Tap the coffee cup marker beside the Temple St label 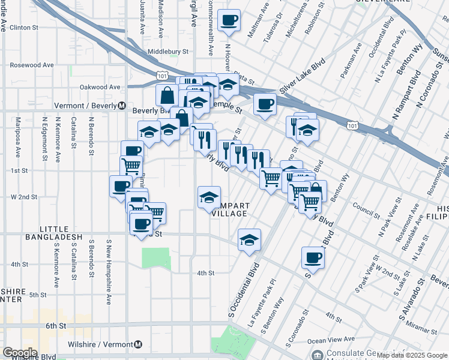pyautogui.click(x=264, y=104)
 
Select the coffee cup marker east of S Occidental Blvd pyautogui.click(x=312, y=258)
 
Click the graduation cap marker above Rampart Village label pyautogui.click(x=209, y=197)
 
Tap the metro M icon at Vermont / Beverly pyautogui.click(x=121, y=106)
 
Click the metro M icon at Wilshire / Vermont pyautogui.click(x=138, y=344)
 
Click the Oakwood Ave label pyautogui.click(x=101, y=87)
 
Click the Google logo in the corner pyautogui.click(x=20, y=353)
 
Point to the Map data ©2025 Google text pyautogui.click(x=408, y=355)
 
